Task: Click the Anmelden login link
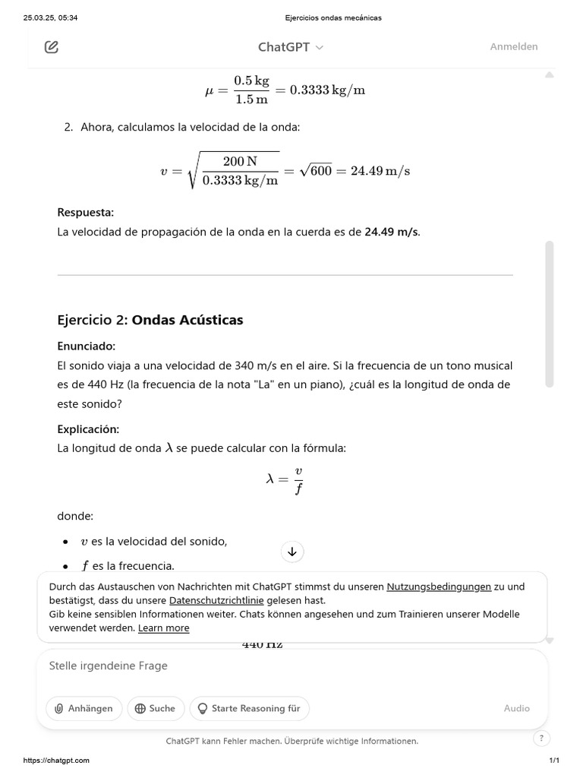(x=513, y=47)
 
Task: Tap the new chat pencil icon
(x=52, y=47)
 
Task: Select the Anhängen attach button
(x=84, y=708)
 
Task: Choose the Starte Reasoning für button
(x=249, y=708)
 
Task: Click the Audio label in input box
(x=516, y=708)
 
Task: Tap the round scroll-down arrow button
(x=292, y=552)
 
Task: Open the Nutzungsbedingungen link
(x=439, y=587)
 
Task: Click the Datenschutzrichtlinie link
(x=216, y=600)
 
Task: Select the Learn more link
(x=163, y=628)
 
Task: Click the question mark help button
(x=540, y=738)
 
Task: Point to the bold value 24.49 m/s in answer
(x=391, y=232)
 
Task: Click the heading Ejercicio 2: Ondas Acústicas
(x=150, y=320)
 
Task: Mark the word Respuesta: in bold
(x=86, y=212)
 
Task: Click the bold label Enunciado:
(x=87, y=346)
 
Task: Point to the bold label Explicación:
(x=88, y=429)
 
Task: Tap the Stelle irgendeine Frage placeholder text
(x=108, y=666)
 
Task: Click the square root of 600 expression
(x=315, y=171)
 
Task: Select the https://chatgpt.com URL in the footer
(x=56, y=761)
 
